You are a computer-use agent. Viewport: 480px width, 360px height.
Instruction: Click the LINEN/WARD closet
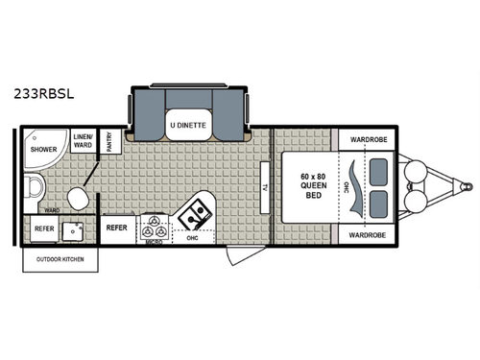point(82,143)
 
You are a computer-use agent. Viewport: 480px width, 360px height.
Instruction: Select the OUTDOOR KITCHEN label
point(60,260)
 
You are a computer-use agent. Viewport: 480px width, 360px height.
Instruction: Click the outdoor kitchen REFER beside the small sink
point(44,229)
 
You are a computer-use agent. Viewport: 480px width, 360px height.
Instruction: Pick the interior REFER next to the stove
point(116,228)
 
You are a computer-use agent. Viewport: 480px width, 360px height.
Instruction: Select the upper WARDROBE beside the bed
point(367,138)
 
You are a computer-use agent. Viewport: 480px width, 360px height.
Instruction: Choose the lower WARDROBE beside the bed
point(367,234)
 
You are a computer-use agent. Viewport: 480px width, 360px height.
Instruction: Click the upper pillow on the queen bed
point(379,170)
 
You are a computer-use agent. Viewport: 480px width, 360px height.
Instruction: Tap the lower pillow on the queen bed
point(379,203)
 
